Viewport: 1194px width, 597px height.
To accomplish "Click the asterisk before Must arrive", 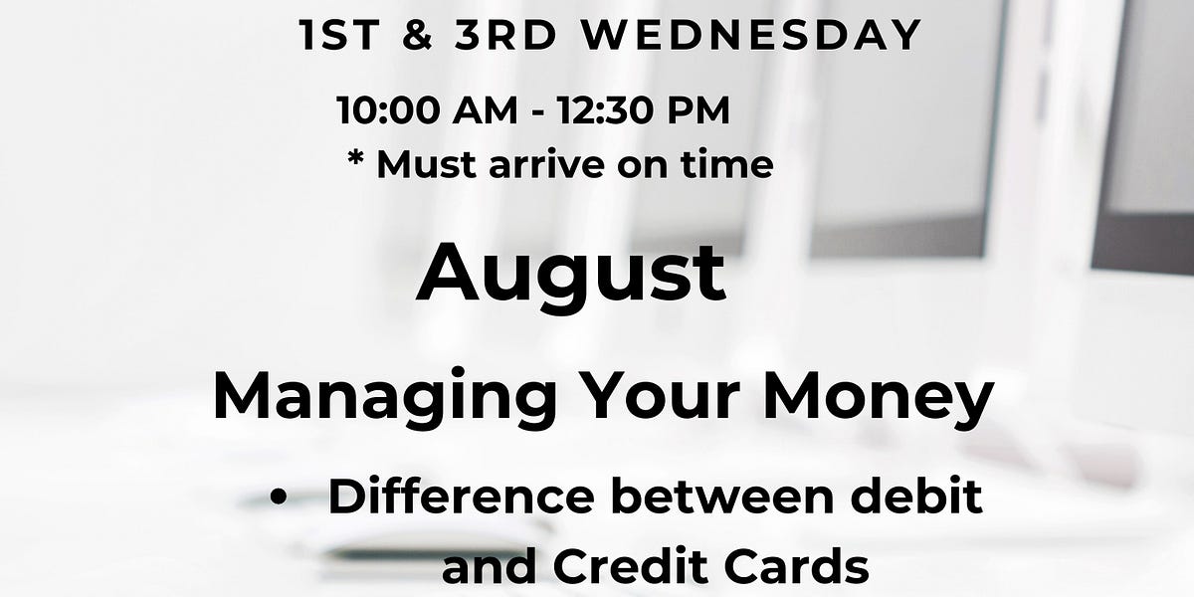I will pyautogui.click(x=355, y=161).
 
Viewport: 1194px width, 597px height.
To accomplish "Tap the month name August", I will pyautogui.click(x=571, y=275).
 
